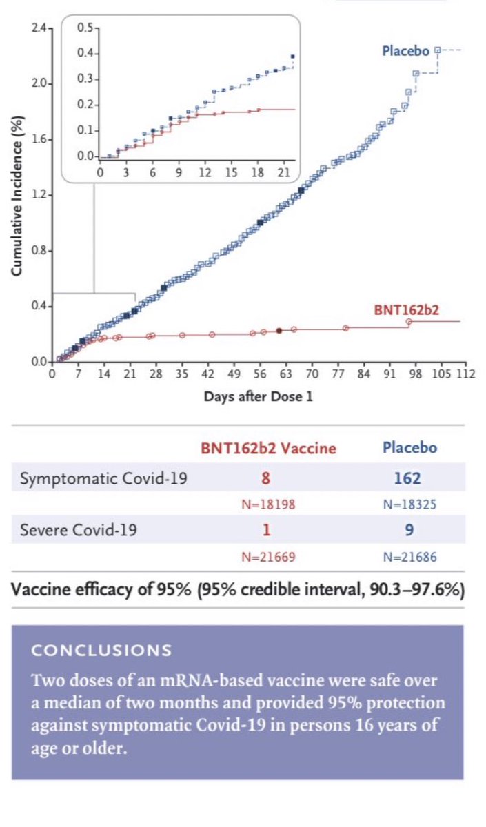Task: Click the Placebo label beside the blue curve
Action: [x=407, y=51]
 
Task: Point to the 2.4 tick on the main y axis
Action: [x=39, y=28]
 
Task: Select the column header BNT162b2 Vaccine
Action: [x=267, y=447]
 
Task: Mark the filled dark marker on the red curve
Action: [x=279, y=331]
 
